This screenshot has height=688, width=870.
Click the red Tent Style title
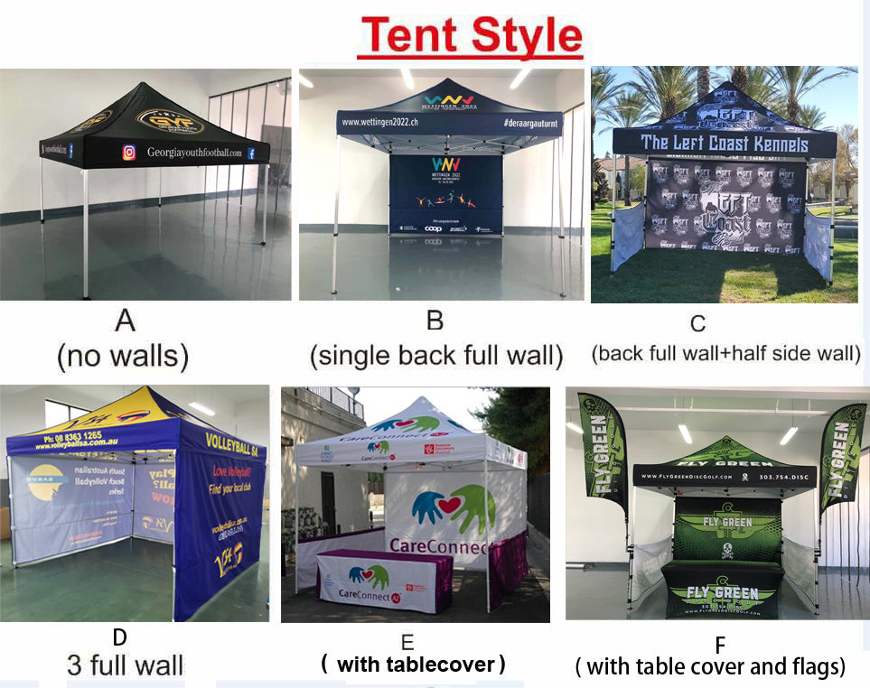coord(470,35)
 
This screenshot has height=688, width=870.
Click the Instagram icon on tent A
coord(129,153)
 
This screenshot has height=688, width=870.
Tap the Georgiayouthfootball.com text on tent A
coord(194,153)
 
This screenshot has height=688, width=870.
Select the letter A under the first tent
coord(124,321)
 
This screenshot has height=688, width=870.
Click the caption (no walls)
coord(123,357)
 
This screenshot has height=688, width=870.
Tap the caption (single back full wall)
coord(435,356)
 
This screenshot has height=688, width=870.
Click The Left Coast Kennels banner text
coord(724,142)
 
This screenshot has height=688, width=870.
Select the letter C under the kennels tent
coord(697,323)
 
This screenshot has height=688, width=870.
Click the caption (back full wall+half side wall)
coord(726,353)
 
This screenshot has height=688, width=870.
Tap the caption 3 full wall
coord(125,666)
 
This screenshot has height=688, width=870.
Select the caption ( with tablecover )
coord(413,665)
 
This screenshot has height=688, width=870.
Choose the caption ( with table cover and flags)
coord(711,668)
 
